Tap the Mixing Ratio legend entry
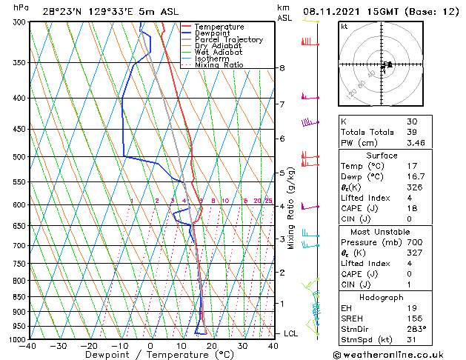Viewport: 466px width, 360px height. click(x=219, y=64)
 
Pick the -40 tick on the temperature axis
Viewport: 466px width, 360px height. click(x=28, y=346)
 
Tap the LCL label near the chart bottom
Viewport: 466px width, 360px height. click(x=290, y=333)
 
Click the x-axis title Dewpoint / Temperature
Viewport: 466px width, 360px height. click(x=151, y=355)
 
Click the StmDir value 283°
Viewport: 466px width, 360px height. click(x=415, y=328)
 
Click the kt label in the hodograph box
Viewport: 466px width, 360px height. click(x=344, y=26)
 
